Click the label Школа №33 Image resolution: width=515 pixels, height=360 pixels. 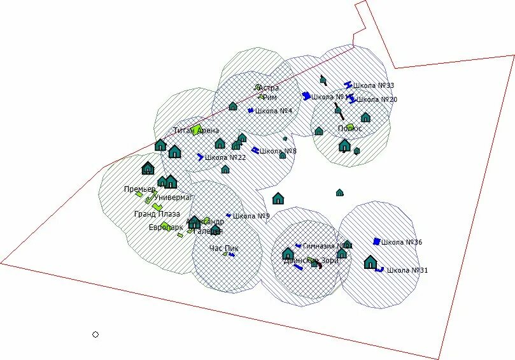tap(374, 85)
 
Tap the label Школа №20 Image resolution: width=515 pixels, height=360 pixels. tap(377, 99)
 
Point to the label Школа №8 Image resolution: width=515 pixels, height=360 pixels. tap(278, 151)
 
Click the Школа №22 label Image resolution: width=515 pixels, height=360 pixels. tap(226, 157)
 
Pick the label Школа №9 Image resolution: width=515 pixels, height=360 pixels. tap(251, 216)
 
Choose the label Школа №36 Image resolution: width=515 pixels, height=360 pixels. tap(402, 242)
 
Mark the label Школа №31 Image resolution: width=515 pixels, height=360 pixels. tap(407, 270)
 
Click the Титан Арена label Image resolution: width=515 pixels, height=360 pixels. tap(196, 131)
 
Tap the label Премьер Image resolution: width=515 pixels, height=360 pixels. tap(139, 189)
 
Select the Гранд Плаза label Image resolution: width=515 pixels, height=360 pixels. tap(157, 214)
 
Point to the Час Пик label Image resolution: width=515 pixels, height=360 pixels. tap(223, 248)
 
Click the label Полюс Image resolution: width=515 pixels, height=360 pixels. tap(350, 129)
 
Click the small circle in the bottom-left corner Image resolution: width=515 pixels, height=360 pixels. tap(95, 335)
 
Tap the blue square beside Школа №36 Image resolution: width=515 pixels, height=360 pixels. tap(377, 241)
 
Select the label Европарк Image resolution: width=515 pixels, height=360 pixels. tap(166, 227)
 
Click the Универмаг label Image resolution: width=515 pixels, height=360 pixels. tap(174, 198)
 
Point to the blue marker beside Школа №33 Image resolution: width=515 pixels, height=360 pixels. tap(348, 84)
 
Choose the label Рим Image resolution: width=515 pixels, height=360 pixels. tap(269, 97)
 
